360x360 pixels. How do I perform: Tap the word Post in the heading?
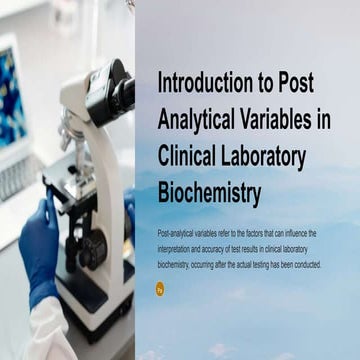click(299, 83)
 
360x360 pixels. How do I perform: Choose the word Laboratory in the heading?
click(275, 153)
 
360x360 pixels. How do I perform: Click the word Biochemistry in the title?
click(209, 189)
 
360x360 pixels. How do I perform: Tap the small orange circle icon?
click(161, 288)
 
